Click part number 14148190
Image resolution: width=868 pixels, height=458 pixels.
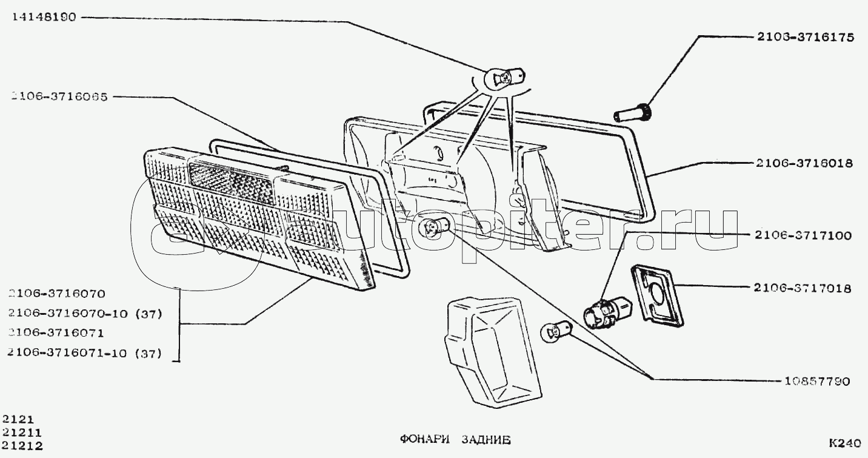42,18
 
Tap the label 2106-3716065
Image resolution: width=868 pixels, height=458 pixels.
59,96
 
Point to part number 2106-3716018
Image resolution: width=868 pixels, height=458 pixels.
804,163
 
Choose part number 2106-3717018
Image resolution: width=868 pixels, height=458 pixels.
803,288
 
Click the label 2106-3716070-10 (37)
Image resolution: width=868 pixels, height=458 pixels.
84,313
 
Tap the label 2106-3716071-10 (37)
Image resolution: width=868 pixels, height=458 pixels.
84,352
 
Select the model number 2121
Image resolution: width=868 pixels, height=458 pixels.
18,419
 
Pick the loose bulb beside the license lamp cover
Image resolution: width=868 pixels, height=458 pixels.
554,334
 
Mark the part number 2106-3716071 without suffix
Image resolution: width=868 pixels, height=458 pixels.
56,332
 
